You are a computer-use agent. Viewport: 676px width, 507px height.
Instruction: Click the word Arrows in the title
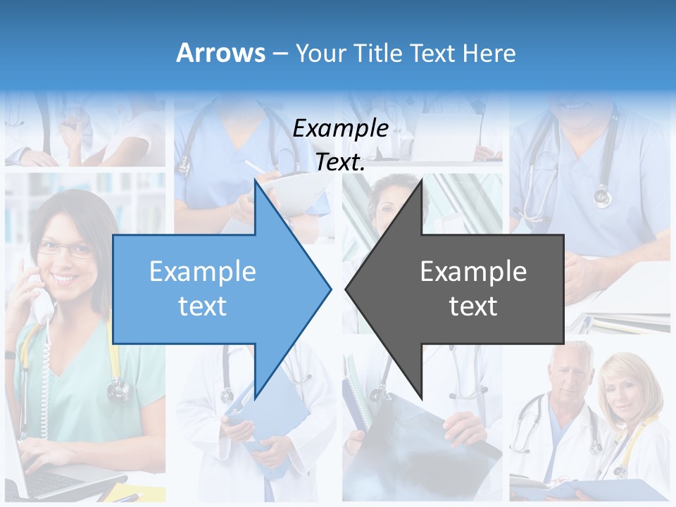tap(221, 53)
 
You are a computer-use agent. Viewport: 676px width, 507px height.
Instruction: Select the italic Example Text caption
tap(341, 145)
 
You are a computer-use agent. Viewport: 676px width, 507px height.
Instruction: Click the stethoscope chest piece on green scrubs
tap(118, 388)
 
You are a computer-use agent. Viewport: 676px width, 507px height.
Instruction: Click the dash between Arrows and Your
tap(280, 54)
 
